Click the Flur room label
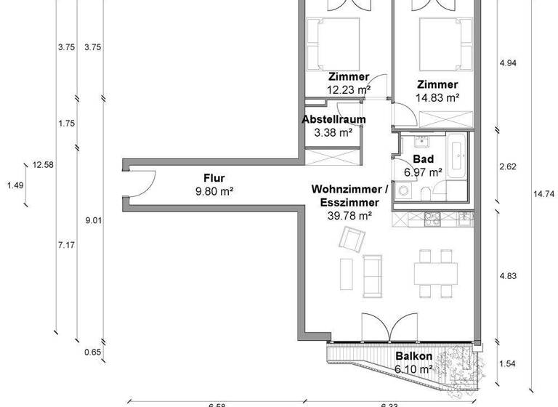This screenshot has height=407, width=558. pos(214,178)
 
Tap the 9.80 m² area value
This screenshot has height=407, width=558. pos(214,192)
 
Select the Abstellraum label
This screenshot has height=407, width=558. pos(334,119)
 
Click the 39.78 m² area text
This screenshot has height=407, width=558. pos(350,216)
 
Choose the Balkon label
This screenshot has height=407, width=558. pos(414,357)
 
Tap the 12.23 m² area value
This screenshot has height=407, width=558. pos(349,89)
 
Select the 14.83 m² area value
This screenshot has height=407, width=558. pos(437,97)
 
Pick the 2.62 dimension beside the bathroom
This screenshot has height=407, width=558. pos(508,166)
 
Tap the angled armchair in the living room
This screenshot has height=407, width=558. pos(353,238)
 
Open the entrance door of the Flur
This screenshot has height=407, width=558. pos(142,182)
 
